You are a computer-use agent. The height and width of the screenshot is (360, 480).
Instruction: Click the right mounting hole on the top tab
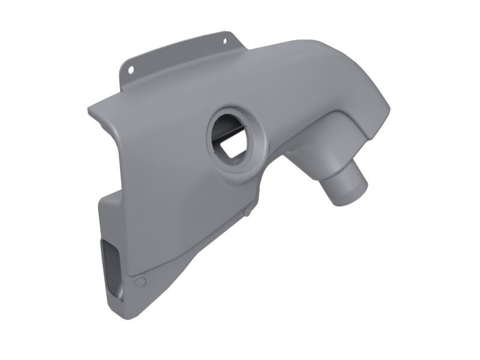(x=225, y=41)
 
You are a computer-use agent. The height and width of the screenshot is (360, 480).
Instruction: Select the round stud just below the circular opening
(x=247, y=211)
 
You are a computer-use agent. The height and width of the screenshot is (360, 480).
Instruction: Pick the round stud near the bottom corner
(x=140, y=282)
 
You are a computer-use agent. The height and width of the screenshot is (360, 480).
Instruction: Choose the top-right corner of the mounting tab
(x=232, y=32)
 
